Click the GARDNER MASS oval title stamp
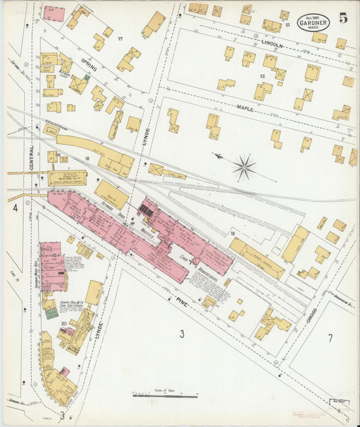click(x=314, y=22)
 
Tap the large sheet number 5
click(x=344, y=18)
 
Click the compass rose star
click(x=245, y=166)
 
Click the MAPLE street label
click(x=245, y=107)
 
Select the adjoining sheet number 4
click(x=14, y=208)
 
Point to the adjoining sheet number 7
click(x=330, y=338)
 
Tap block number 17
click(x=121, y=39)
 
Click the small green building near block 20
click(x=51, y=313)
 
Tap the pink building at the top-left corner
click(x=53, y=14)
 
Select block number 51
click(x=287, y=25)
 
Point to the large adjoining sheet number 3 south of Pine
click(x=182, y=333)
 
